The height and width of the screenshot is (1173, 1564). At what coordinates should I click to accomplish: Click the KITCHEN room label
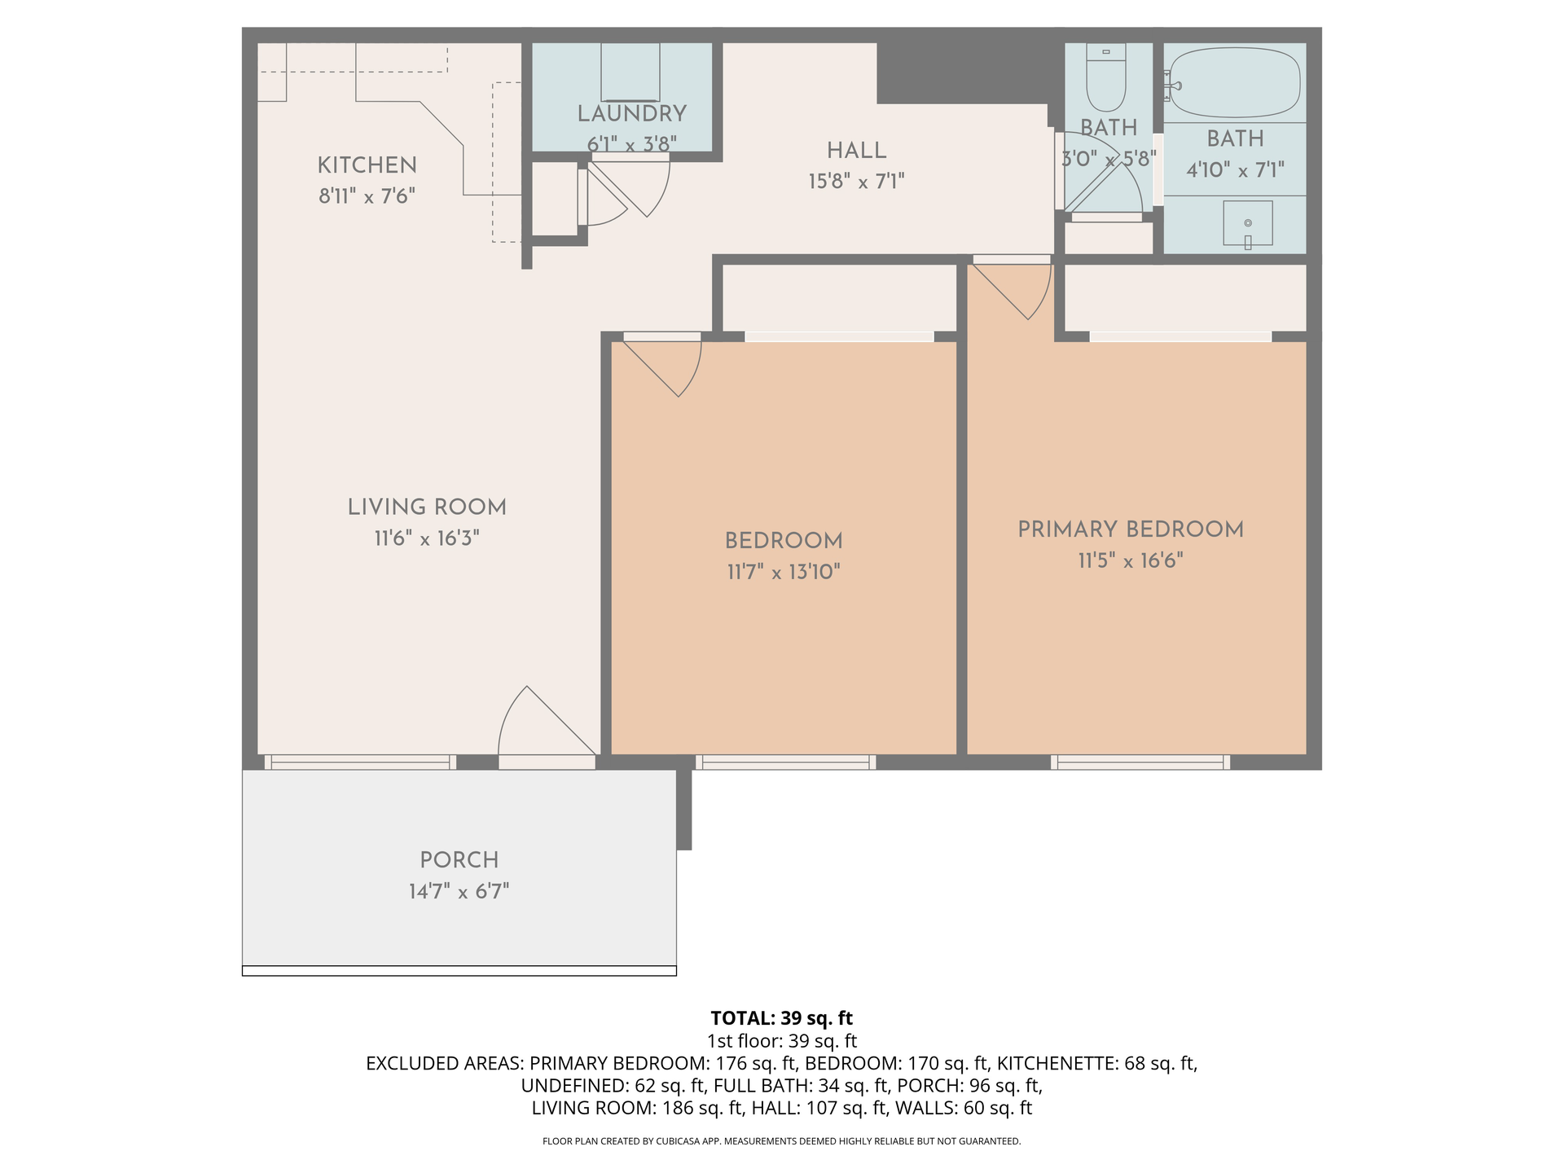[x=367, y=165]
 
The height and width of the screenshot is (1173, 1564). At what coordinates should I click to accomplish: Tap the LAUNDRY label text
[x=632, y=114]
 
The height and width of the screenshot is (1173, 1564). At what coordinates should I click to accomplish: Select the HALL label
[x=856, y=151]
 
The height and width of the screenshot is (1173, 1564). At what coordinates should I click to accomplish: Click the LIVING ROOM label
[x=427, y=507]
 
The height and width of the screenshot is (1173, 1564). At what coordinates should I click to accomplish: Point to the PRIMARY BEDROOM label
[x=1131, y=529]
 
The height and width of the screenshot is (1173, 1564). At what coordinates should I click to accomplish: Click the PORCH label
[x=459, y=860]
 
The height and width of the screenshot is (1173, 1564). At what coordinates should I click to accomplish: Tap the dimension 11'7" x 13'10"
[x=784, y=572]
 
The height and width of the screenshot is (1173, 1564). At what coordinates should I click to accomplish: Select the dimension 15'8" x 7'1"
[x=856, y=181]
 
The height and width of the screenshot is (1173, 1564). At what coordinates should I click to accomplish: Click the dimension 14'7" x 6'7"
[x=459, y=891]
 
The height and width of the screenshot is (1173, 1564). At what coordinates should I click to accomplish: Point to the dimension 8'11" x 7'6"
[x=367, y=196]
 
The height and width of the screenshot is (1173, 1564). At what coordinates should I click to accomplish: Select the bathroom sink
[x=1248, y=223]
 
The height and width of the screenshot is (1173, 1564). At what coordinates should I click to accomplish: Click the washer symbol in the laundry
[x=630, y=72]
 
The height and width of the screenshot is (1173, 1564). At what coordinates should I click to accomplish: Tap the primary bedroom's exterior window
[x=1140, y=762]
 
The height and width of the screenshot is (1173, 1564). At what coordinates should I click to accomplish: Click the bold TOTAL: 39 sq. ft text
[x=782, y=1018]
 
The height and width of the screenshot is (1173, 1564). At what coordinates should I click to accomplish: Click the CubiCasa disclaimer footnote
[x=782, y=1141]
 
